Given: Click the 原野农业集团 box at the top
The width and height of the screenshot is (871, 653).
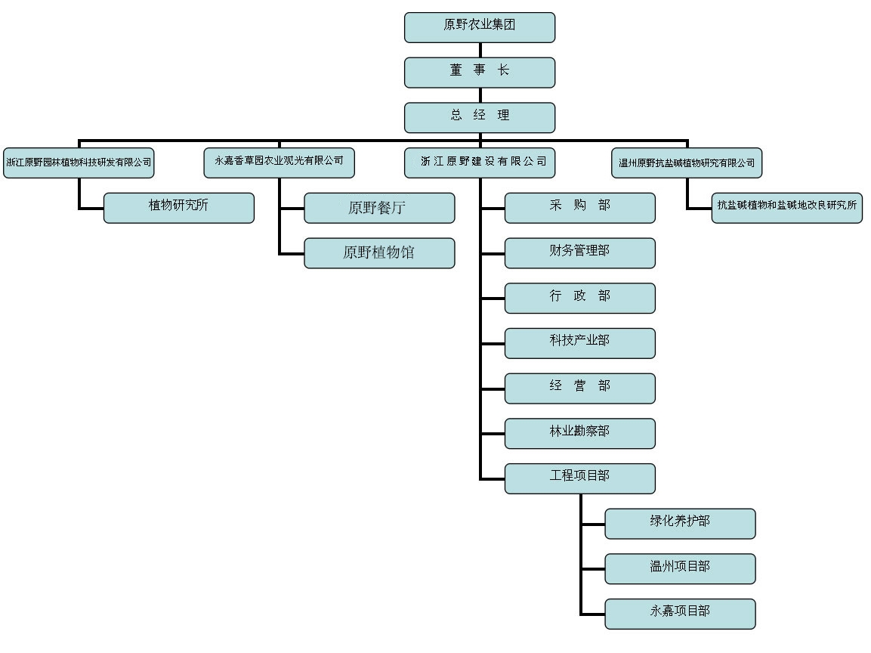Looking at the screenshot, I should tap(480, 27).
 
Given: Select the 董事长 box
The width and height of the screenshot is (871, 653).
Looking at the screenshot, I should tap(480, 72).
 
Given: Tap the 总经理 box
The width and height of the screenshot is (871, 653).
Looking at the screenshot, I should tap(480, 117).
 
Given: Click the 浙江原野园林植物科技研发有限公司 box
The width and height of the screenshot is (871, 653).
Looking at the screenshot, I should tap(79, 162).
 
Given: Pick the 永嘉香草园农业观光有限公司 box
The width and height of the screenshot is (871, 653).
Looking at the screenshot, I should tap(279, 162).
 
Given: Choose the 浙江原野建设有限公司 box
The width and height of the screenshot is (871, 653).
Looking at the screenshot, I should tap(480, 162).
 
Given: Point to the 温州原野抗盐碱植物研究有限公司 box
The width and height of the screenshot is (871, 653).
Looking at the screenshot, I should tap(686, 162).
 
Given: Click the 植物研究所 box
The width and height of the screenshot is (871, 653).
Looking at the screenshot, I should tap(178, 208).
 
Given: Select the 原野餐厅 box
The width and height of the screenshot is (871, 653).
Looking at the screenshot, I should tap(379, 208).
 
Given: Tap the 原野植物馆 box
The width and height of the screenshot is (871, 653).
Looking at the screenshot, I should tap(379, 253).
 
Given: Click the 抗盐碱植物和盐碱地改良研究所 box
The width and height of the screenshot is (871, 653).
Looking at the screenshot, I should tap(786, 208).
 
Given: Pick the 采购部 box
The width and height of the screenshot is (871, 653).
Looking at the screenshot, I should tap(579, 208).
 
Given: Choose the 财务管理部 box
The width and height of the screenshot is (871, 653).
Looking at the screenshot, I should tap(579, 253).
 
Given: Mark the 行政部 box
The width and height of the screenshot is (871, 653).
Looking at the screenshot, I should tap(579, 298).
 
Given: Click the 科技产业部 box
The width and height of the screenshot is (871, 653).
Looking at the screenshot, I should tap(579, 343).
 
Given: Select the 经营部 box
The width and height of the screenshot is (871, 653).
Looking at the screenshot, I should tap(579, 388).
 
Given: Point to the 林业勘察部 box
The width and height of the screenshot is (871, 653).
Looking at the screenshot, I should tap(579, 433).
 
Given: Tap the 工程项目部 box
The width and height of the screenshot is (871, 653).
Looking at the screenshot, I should tap(579, 478).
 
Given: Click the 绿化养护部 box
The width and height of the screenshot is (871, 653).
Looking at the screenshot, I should tap(680, 524).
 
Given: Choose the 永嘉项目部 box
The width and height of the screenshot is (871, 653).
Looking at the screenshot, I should tap(680, 614).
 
